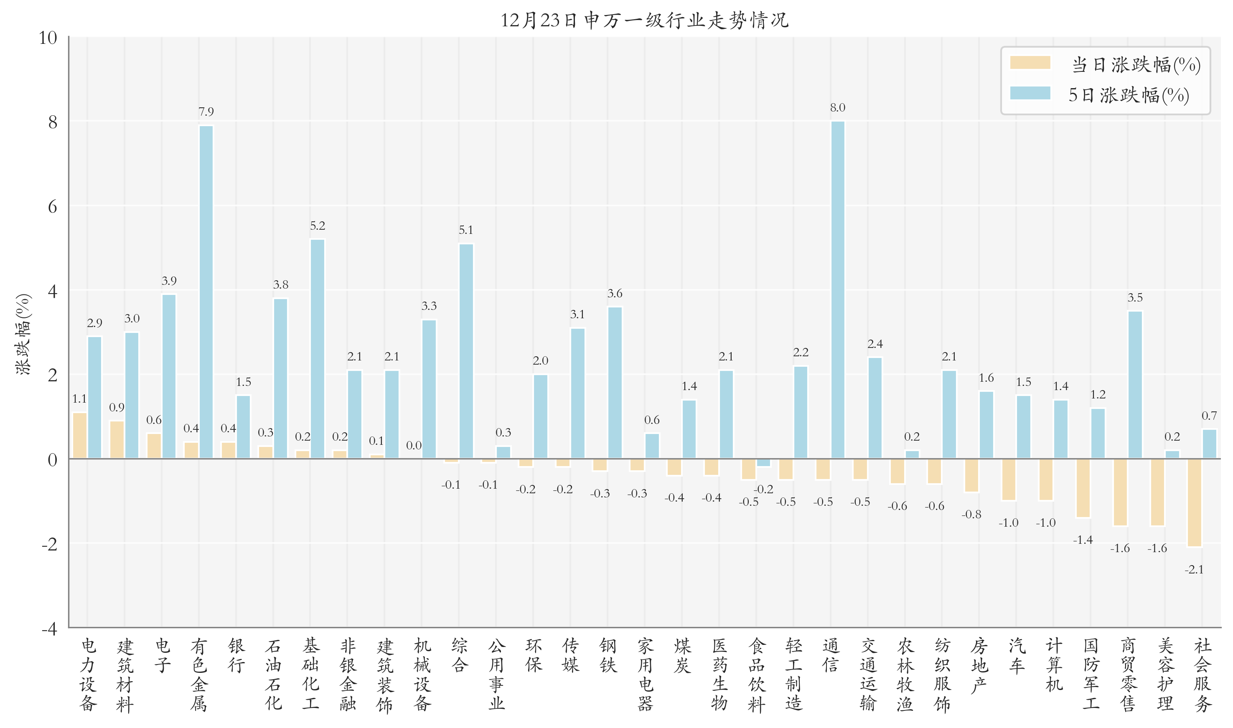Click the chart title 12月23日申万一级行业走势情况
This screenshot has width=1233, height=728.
pos(644,20)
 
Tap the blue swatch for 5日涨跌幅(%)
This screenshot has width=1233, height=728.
pos(1030,93)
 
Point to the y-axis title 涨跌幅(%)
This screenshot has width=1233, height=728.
pos(23,334)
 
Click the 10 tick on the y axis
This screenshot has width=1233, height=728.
pos(48,38)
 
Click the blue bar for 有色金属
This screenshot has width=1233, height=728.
pos(206,292)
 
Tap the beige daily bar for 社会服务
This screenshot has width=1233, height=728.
pos(1194,502)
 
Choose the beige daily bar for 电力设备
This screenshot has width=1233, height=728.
pos(79,435)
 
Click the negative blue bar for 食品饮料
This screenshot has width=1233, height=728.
pos(763,462)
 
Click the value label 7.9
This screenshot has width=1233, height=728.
pos(206,112)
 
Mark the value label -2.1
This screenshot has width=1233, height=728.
pos(1194,570)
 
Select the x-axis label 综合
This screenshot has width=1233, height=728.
pos(459,655)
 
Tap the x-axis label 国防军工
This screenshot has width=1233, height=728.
pos(1090,674)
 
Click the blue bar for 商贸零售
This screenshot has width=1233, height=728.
pos(1134,385)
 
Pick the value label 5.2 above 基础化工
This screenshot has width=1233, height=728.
pos(317,226)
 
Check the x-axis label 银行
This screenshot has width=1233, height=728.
pos(236,655)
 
